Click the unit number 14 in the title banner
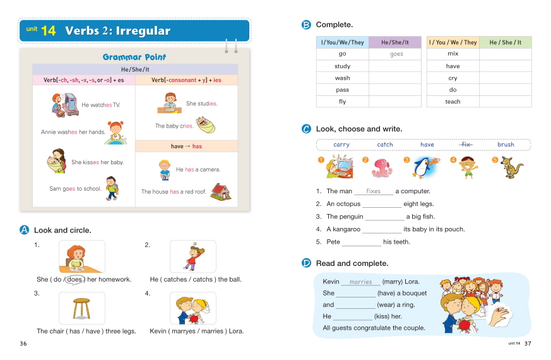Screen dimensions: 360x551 click(x=48, y=30)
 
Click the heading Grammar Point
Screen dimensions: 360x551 click(x=134, y=57)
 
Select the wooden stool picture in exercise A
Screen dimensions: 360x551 click(x=81, y=308)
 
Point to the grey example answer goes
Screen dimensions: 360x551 click(x=396, y=54)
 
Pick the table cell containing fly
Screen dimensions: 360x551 click(x=342, y=102)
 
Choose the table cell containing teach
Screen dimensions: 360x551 click(x=453, y=102)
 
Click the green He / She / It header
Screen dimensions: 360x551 click(x=505, y=42)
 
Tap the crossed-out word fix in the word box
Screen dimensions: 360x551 click(x=466, y=145)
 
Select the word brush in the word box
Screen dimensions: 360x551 click(x=506, y=145)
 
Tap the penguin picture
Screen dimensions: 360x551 click(x=423, y=167)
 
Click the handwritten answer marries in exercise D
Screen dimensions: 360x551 click(x=360, y=282)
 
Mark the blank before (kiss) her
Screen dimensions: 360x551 click(x=353, y=316)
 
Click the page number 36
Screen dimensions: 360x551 click(x=23, y=344)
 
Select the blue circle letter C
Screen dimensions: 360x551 click(x=307, y=129)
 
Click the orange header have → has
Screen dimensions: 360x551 click(x=186, y=147)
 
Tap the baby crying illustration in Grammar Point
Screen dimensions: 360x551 click(x=204, y=124)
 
